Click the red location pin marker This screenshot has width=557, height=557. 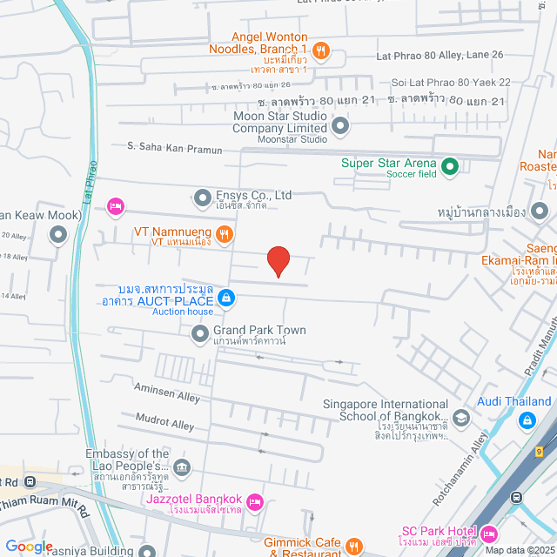click(x=278, y=260)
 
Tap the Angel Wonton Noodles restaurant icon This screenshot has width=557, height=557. click(x=321, y=50)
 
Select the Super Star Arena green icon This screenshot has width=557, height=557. click(x=450, y=165)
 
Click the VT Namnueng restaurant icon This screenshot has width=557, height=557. click(x=225, y=233)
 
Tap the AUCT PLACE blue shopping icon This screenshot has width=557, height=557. click(x=225, y=299)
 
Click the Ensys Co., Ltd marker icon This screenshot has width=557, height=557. click(x=203, y=197)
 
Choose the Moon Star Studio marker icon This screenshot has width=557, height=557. click(x=340, y=127)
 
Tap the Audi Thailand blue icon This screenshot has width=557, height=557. click(x=527, y=420)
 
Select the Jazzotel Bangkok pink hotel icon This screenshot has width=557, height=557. click(x=255, y=500)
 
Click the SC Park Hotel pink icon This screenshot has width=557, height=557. click(x=489, y=532)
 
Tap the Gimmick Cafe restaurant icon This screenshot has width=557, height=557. click(x=352, y=546)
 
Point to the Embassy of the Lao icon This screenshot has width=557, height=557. click(x=181, y=466)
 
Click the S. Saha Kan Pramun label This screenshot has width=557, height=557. click(x=174, y=149)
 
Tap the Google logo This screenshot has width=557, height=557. click(x=30, y=546)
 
